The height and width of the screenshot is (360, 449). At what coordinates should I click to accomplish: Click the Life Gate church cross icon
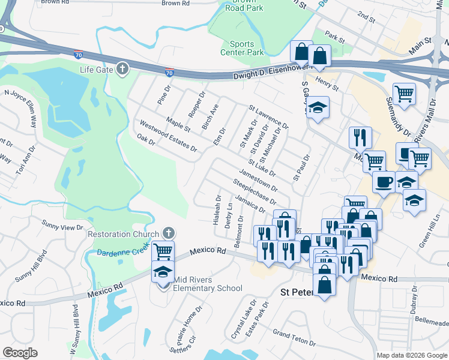tap(122, 69)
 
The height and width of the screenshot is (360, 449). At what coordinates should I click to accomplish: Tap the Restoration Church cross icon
tap(169, 233)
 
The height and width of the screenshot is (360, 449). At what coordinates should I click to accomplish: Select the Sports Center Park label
tap(247, 48)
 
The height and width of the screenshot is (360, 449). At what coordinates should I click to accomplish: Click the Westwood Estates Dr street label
tap(168, 136)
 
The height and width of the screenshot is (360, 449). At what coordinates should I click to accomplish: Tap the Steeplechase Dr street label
tap(255, 193)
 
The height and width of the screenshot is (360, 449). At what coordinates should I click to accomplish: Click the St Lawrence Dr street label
tap(268, 118)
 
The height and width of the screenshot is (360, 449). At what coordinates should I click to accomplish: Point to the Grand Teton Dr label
tap(294, 337)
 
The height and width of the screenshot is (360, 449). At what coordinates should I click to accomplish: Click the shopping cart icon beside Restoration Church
tap(163, 250)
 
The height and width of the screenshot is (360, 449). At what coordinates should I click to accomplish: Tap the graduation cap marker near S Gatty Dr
tap(318, 107)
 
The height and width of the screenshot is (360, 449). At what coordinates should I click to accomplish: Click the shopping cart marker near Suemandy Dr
tap(405, 94)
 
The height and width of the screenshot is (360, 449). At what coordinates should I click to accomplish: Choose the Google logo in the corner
tap(20, 353)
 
